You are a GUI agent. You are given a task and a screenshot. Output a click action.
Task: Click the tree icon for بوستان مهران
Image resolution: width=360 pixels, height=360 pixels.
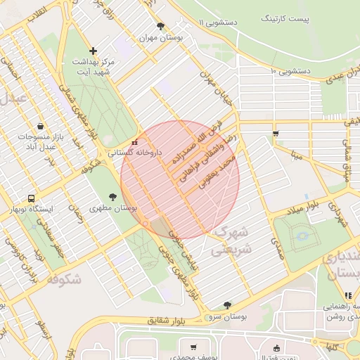tap(161, 26)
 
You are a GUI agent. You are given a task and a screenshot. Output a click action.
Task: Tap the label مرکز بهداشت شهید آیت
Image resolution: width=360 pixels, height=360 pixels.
tap(93, 67)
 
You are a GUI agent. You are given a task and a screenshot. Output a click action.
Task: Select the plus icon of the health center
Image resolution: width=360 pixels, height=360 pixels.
tap(94, 51)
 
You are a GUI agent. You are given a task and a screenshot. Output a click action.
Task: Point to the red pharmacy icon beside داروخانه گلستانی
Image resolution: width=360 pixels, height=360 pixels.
tap(135, 143)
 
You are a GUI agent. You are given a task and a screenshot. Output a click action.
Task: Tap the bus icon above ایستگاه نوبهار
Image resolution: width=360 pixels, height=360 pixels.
tap(31, 199)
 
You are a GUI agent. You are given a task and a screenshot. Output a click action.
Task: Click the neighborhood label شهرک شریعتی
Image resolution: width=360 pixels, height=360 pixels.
tap(230, 240)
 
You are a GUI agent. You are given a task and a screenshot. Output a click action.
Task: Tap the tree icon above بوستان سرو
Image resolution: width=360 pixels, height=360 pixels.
tap(226, 305)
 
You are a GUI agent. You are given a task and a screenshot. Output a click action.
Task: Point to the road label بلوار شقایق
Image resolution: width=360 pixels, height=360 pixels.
tap(169, 321)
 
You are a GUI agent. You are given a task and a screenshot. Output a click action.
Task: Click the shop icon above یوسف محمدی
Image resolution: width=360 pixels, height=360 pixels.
tap(193, 347)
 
